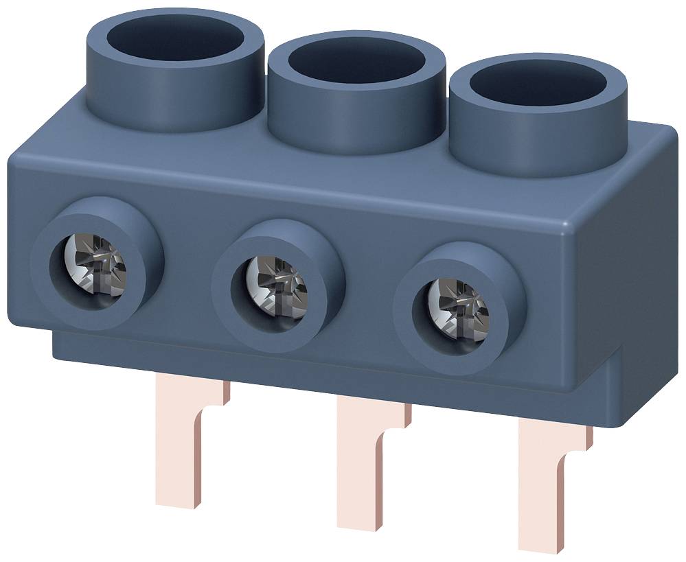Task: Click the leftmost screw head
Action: pyautogui.click(x=98, y=264)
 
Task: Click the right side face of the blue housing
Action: pyautogui.click(x=642, y=274)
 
